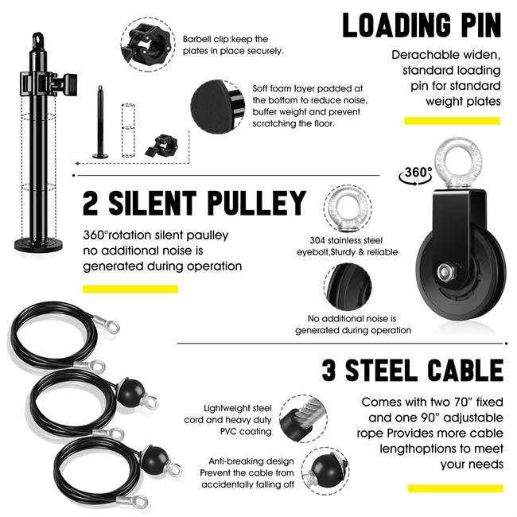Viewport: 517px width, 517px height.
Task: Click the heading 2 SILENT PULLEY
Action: tap(194, 204)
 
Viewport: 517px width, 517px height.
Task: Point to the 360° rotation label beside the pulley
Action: tap(418, 173)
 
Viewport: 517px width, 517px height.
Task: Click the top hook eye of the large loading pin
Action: tap(37, 39)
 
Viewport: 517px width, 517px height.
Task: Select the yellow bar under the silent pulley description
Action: tap(130, 289)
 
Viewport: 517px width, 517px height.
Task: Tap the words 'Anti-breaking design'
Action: tap(251, 461)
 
